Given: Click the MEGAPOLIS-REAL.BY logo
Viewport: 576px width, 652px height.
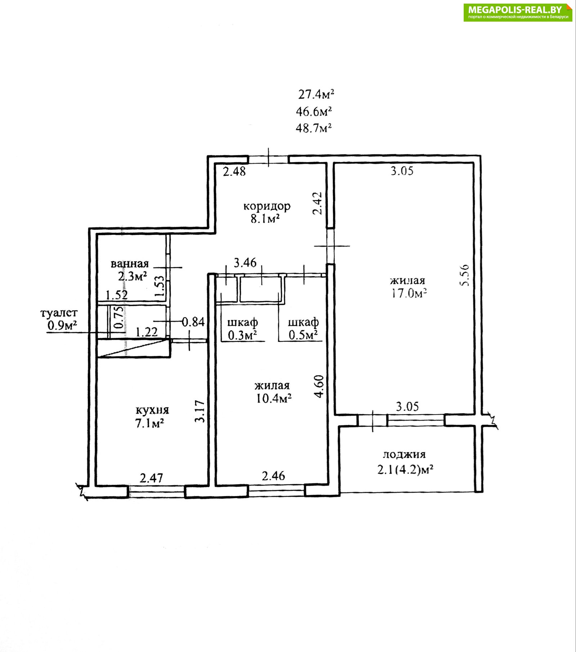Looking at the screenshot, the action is click(518, 12).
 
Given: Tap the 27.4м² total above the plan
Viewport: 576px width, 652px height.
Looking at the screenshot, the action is click(316, 94).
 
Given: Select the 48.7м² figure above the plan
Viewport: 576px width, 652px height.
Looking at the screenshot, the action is click(314, 128).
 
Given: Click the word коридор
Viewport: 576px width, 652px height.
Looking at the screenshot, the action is click(267, 207).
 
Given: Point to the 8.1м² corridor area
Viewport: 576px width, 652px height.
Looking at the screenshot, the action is click(265, 218).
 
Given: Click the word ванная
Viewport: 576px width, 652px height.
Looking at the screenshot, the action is click(130, 264).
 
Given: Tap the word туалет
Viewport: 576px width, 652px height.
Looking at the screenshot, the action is click(59, 313).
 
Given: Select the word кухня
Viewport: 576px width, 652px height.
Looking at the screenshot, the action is click(152, 410).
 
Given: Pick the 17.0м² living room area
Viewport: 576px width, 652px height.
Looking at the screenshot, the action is click(409, 293).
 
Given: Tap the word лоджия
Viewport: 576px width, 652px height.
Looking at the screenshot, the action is click(404, 455).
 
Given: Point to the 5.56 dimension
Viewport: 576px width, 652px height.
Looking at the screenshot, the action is click(465, 275).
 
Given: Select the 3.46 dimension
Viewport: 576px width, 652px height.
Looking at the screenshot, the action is click(245, 263).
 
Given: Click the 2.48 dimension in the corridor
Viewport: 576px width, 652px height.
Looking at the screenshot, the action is click(234, 171).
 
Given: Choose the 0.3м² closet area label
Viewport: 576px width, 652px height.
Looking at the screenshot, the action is click(242, 335).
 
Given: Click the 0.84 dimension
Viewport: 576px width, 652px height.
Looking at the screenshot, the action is click(193, 322).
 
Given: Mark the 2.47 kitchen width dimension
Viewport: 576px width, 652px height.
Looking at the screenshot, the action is click(151, 478).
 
